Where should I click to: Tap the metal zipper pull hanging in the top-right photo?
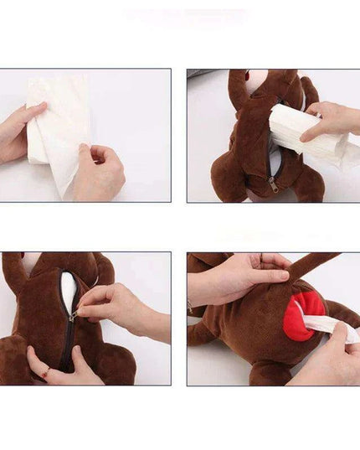pos(273,187)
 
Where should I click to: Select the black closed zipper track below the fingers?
pos(68,344)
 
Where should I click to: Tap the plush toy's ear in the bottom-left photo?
pos(14,272)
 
